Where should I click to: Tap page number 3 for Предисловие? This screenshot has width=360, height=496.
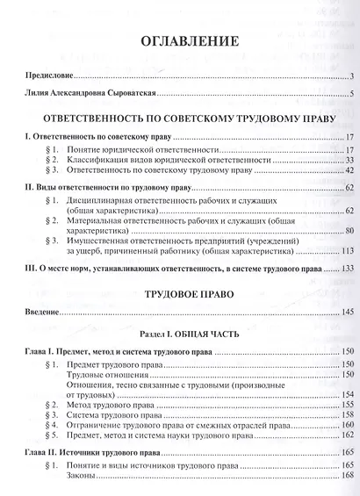pyautogui.click(x=350, y=76)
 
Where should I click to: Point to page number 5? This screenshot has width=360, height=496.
pyautogui.click(x=350, y=94)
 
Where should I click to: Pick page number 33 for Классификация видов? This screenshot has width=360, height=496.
pyautogui.click(x=348, y=160)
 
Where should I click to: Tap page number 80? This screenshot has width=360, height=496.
pyautogui.click(x=348, y=230)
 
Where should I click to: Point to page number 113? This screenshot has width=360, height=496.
pyautogui.click(x=346, y=250)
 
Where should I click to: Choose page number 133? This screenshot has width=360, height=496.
pyautogui.click(x=346, y=269)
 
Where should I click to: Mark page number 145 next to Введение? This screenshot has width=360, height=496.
pyautogui.click(x=346, y=313)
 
